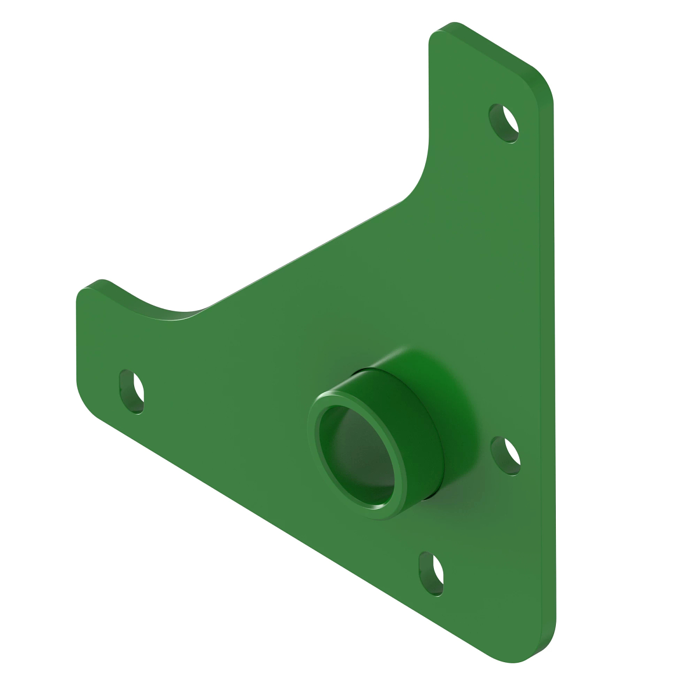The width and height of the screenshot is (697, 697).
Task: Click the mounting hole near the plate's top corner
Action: pos(504,123)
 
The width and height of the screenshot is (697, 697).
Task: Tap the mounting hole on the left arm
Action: pos(132,391)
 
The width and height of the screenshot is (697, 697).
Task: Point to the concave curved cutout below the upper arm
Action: pos(421,174)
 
